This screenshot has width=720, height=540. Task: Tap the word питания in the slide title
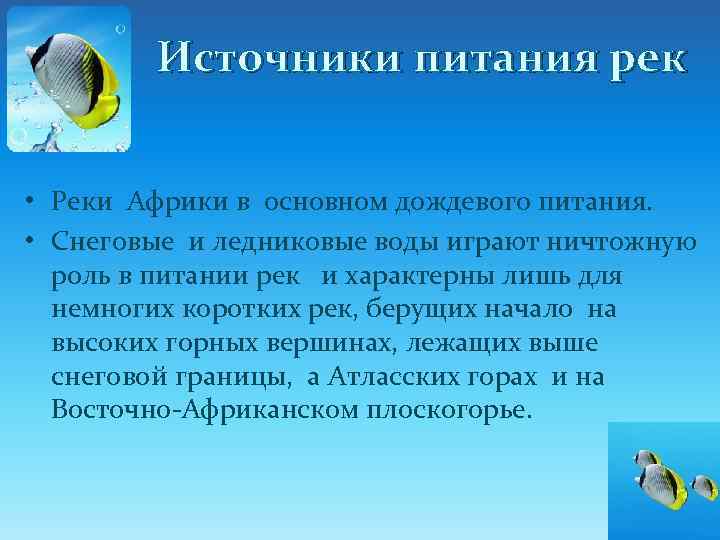coord(497,58)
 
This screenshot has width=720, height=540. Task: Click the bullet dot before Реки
coord(32,205)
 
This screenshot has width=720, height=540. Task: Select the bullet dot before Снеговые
coord(32,240)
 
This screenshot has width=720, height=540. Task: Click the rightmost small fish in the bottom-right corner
coord(704,486)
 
